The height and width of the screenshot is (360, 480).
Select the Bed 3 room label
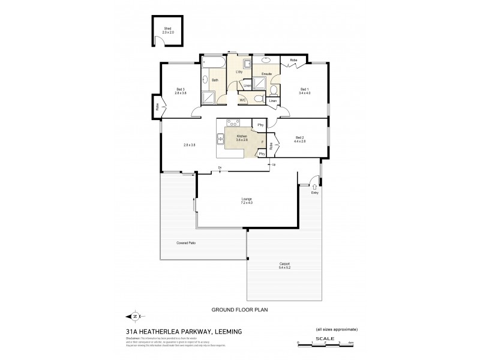pyautogui.click(x=181, y=91)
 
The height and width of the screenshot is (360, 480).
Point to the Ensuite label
pyautogui.click(x=266, y=74)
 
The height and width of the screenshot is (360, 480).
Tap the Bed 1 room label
pyautogui.click(x=305, y=91)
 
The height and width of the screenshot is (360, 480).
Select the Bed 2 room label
pyautogui.click(x=300, y=140)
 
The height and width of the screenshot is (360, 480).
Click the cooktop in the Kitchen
pyautogui.click(x=232, y=123)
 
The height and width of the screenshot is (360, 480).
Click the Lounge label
pyautogui.click(x=247, y=200)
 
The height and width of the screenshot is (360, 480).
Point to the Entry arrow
pyautogui.click(x=314, y=187)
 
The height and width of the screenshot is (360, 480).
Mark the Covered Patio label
pyautogui.click(x=186, y=242)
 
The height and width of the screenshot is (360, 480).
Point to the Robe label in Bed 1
pyautogui.click(x=293, y=60)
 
